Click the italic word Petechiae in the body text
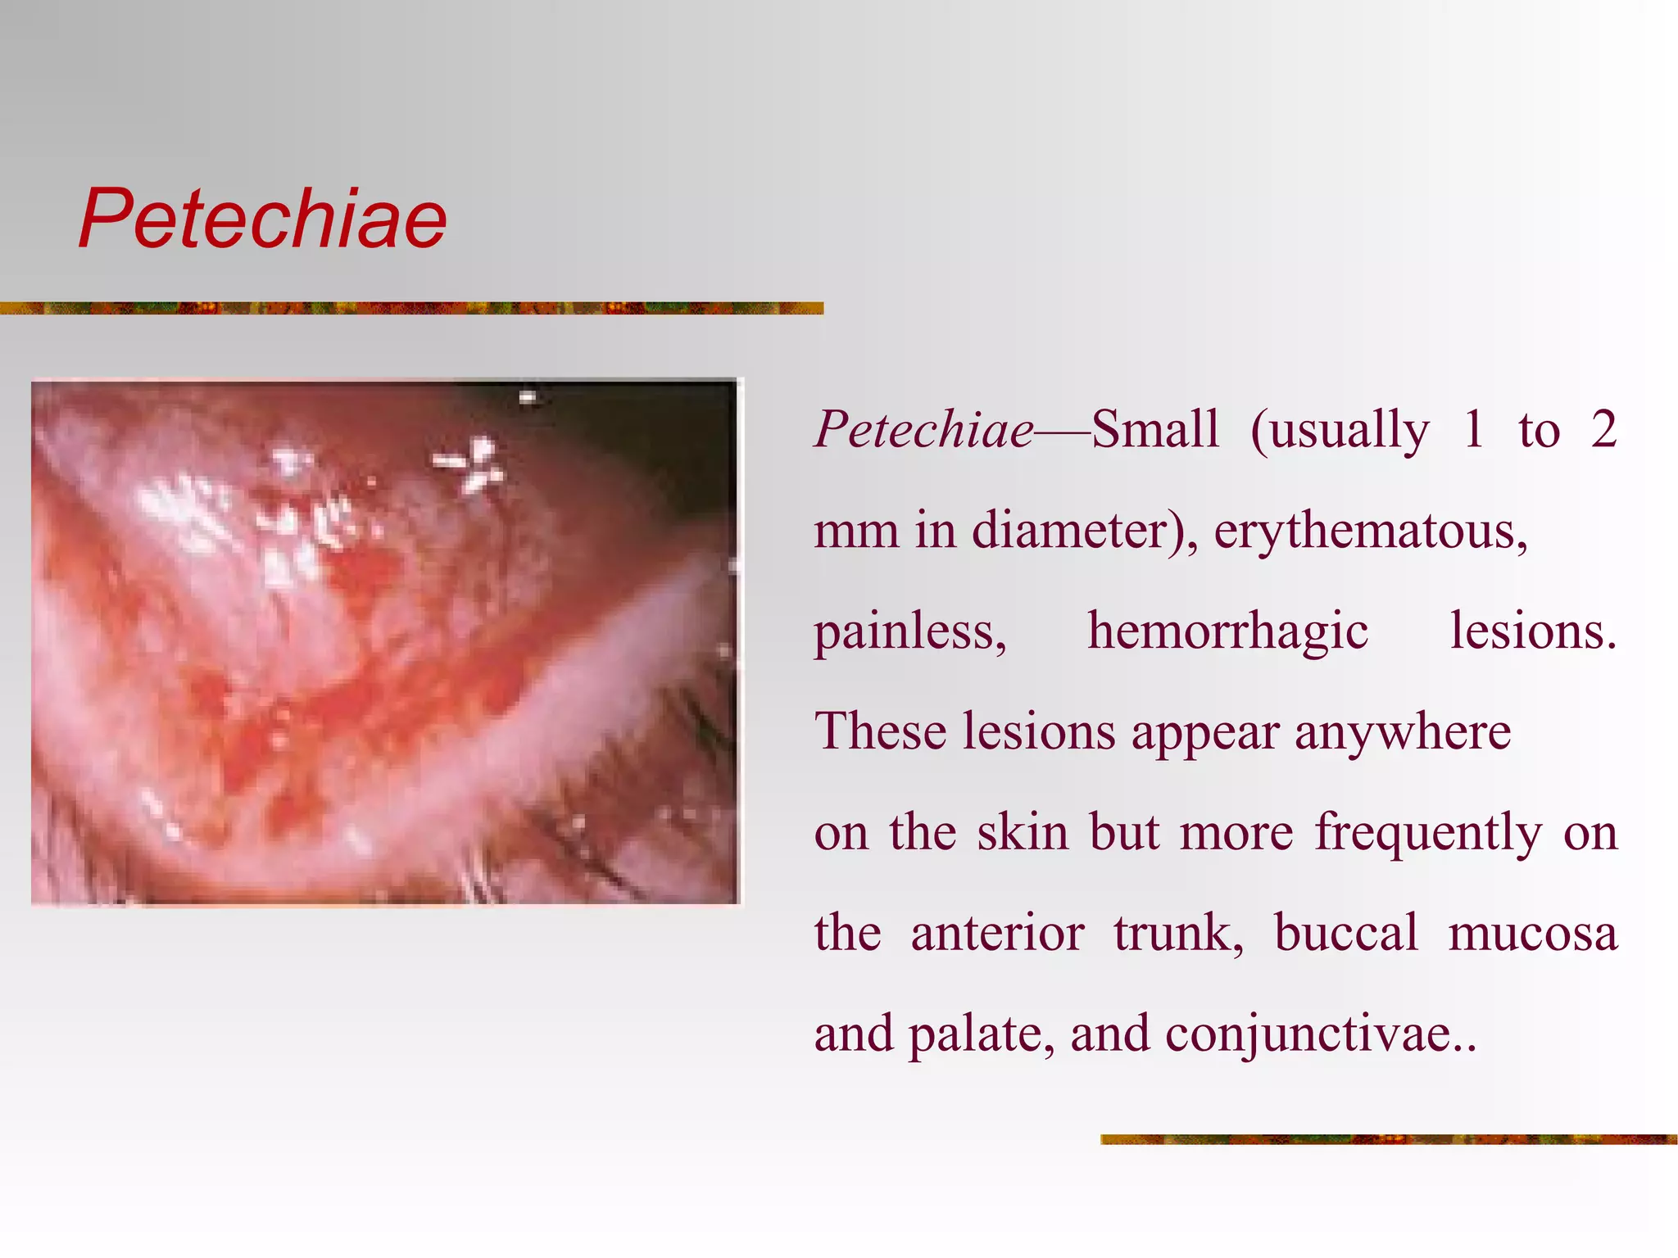923,429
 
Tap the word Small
1154,429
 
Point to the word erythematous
1370,532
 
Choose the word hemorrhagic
1227,631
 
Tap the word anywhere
1403,731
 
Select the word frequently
1428,833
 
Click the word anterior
997,933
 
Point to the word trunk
1177,933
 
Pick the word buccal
1345,933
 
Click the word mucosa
1532,933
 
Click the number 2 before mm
1603,429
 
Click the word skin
1023,832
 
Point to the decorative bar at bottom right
1388,1139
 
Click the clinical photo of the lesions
385,642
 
